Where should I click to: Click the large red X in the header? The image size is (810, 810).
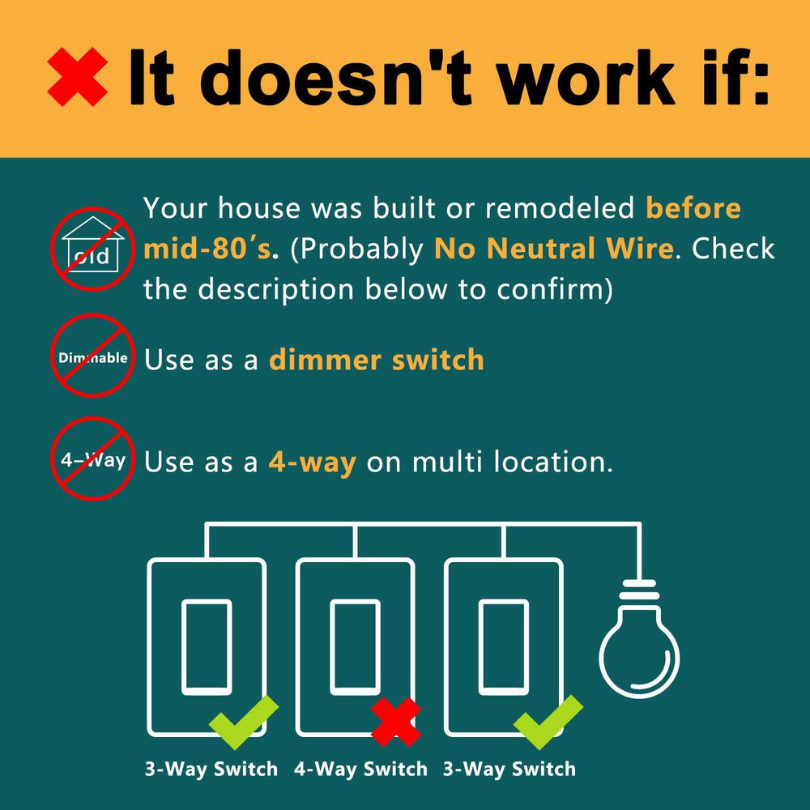pos(78,77)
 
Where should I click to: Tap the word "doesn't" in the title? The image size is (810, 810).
pos(335,78)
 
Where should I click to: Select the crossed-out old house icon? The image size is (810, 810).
pos(92,249)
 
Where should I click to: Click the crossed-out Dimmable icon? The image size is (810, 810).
pos(92,356)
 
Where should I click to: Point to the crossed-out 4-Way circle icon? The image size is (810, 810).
pos(92,458)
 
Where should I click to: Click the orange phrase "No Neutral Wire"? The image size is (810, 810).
pos(554,249)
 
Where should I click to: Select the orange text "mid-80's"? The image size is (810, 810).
pos(207,249)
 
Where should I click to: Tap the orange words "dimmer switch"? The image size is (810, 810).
pos(377,360)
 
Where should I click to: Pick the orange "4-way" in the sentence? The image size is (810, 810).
pos(313,462)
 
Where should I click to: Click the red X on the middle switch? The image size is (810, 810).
pos(396,722)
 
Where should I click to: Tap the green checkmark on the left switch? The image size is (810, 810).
pos(244,723)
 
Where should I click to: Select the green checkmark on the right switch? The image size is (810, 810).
pos(548,723)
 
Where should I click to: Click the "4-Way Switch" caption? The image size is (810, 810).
pos(360,769)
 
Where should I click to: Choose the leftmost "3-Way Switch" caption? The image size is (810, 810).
pos(211,769)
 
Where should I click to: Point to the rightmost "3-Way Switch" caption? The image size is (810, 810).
pos(509,769)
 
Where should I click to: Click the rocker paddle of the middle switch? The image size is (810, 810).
pos(355,647)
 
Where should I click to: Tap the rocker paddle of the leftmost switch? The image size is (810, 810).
pos(207,647)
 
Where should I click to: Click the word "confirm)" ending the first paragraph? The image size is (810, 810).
pos(555,289)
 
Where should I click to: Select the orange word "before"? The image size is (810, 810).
pos(693,207)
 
